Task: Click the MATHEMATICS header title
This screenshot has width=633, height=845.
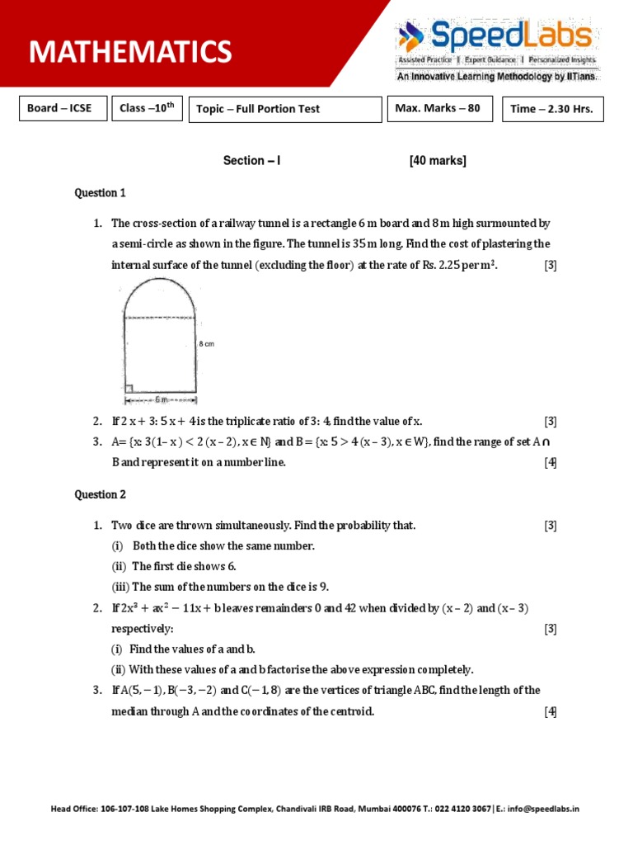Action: tap(130, 52)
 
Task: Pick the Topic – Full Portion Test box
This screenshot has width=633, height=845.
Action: tap(285, 109)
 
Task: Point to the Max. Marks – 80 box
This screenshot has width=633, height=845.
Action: tap(439, 108)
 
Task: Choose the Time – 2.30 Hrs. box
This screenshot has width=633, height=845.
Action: tap(552, 109)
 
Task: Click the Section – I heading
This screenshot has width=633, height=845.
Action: tap(251, 161)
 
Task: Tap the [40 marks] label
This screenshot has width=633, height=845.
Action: tap(438, 161)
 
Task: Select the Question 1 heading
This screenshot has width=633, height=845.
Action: tap(100, 193)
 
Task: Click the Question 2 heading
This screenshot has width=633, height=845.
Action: tap(100, 494)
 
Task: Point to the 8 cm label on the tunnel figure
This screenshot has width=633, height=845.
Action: tap(206, 344)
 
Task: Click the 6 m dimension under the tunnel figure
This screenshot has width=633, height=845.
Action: tap(160, 400)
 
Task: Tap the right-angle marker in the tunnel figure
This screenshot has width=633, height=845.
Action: tap(129, 387)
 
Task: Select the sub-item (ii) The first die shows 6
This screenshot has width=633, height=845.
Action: tap(174, 566)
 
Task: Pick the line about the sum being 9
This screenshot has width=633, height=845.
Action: tap(220, 587)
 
